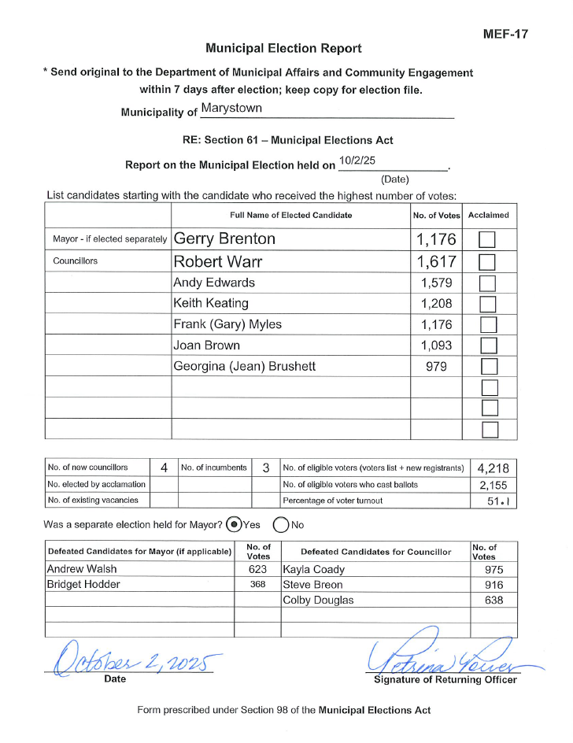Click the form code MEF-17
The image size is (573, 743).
(x=505, y=34)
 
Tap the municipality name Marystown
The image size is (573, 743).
(x=231, y=108)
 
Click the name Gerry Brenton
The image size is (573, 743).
(x=224, y=239)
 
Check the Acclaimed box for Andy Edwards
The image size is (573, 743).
(x=489, y=283)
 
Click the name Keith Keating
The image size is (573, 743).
(x=211, y=303)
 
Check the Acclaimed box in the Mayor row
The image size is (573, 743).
(x=489, y=239)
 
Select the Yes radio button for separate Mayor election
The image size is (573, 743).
(x=234, y=524)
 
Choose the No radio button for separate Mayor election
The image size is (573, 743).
(x=280, y=524)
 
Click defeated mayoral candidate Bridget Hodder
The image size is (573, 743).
(x=84, y=585)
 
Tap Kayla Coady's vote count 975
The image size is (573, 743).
(x=494, y=570)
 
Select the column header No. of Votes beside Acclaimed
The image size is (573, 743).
(x=436, y=215)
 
